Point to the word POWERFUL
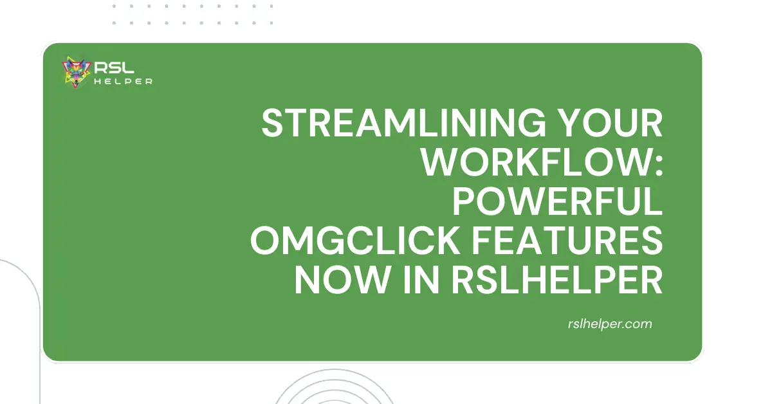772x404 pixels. (557, 203)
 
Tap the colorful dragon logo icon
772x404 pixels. (75, 72)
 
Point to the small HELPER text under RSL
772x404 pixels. (122, 81)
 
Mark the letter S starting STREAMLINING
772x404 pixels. (273, 124)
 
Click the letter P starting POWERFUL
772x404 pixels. (464, 203)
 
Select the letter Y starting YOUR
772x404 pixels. (580, 124)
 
